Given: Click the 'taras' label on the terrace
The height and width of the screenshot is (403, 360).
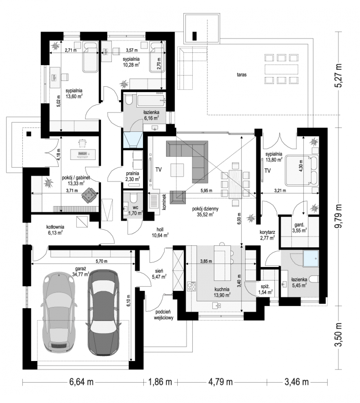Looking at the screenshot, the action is (x=242, y=75).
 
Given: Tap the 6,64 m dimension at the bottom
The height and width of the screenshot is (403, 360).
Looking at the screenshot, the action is (x=81, y=382).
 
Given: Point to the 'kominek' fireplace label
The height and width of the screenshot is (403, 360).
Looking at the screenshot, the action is (x=164, y=201).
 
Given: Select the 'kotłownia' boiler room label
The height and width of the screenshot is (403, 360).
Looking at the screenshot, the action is (x=55, y=227).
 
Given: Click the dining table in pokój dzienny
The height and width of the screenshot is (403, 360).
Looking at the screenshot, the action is (x=235, y=184).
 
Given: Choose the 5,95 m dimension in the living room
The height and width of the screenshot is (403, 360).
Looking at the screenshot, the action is (x=206, y=190).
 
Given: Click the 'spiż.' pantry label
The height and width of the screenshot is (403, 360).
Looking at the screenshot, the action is (x=265, y=287).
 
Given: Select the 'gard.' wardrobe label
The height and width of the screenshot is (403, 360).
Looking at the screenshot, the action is (x=299, y=225).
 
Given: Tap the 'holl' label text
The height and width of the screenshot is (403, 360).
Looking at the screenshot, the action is (x=160, y=230).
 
